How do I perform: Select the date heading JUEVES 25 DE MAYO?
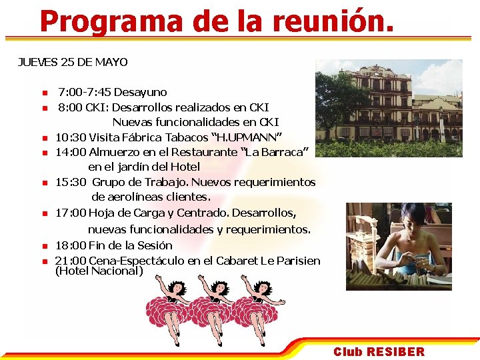pyautogui.click(x=73, y=62)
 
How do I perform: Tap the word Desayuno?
pyautogui.click(x=140, y=92)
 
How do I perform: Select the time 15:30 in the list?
pyautogui.click(x=71, y=182)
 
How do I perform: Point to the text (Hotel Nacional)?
pyautogui.click(x=99, y=271)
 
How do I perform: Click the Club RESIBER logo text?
pyautogui.click(x=379, y=351)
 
